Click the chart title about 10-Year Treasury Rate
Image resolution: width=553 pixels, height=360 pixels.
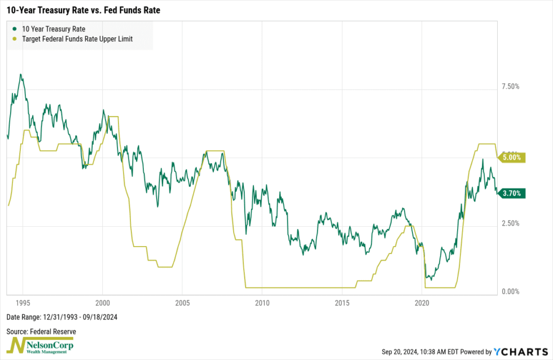83,10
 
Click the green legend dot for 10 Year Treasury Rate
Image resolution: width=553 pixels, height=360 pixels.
13,28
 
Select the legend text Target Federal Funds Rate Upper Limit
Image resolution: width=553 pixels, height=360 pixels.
77,39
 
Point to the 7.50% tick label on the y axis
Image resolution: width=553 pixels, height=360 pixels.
510,86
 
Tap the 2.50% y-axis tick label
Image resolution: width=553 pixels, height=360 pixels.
510,223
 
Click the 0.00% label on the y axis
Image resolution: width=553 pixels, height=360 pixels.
510,292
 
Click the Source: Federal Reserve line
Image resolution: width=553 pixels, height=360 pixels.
41,331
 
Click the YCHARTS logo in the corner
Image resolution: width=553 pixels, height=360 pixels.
519,352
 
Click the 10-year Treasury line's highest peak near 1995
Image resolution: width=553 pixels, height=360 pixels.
20,74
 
